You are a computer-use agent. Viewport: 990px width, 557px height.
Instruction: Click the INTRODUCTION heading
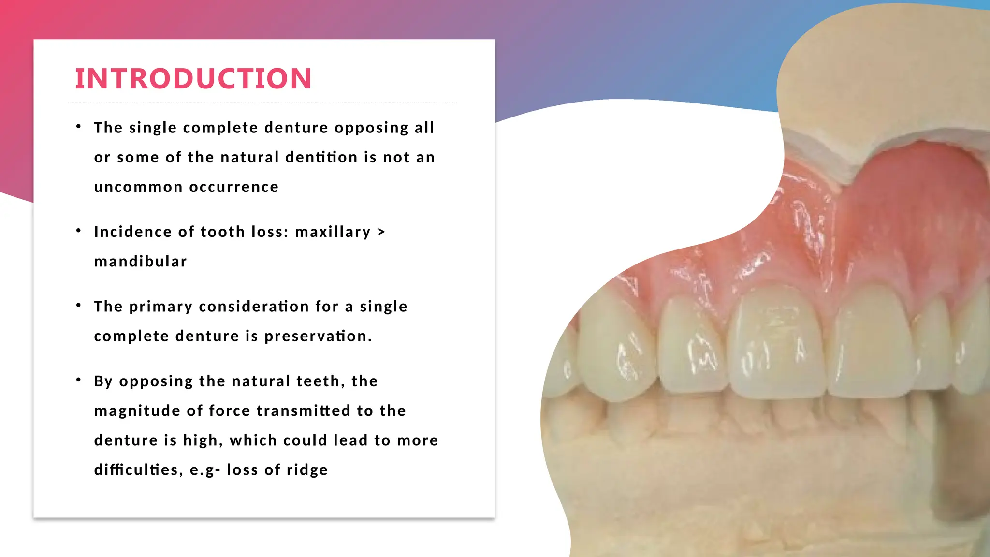point(193,78)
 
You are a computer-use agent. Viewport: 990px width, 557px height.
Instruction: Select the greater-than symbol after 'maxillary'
point(381,232)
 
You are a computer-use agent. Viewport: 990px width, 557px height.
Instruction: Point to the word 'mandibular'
point(140,262)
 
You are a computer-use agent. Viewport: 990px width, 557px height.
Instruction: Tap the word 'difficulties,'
point(138,470)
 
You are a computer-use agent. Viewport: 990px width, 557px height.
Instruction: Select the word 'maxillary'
point(333,232)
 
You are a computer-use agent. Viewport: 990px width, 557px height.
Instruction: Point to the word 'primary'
point(161,307)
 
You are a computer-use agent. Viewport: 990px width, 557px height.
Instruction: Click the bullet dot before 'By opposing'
point(78,381)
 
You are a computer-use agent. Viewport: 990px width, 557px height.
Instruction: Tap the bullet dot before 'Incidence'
point(78,231)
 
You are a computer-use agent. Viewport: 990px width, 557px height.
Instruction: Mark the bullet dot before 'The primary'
point(78,306)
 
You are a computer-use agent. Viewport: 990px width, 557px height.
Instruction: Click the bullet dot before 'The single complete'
point(78,127)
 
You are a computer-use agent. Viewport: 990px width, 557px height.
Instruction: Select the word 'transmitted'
point(303,410)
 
